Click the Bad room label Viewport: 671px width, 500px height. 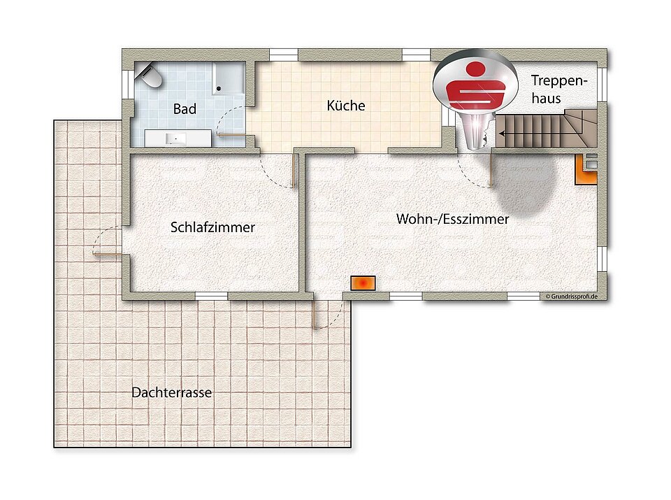185,109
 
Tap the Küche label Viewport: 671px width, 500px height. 346,106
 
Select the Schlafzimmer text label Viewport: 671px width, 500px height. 212,227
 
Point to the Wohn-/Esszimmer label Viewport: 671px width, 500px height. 452,219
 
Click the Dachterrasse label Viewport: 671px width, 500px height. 171,393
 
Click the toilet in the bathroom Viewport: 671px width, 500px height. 150,76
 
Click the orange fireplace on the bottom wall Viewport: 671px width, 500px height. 363,283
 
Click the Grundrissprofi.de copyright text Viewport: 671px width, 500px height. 571,297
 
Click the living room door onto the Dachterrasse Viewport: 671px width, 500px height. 327,315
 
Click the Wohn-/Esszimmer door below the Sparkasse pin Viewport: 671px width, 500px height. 475,171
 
